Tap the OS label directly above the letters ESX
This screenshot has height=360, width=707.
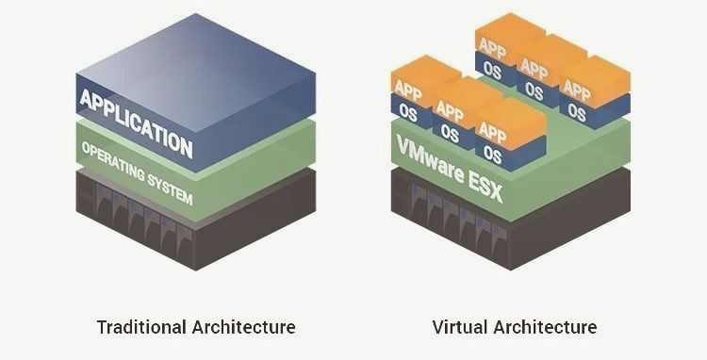(491, 153)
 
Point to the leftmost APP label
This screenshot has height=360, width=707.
(408, 91)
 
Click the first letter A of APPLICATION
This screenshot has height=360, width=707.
(87, 97)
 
